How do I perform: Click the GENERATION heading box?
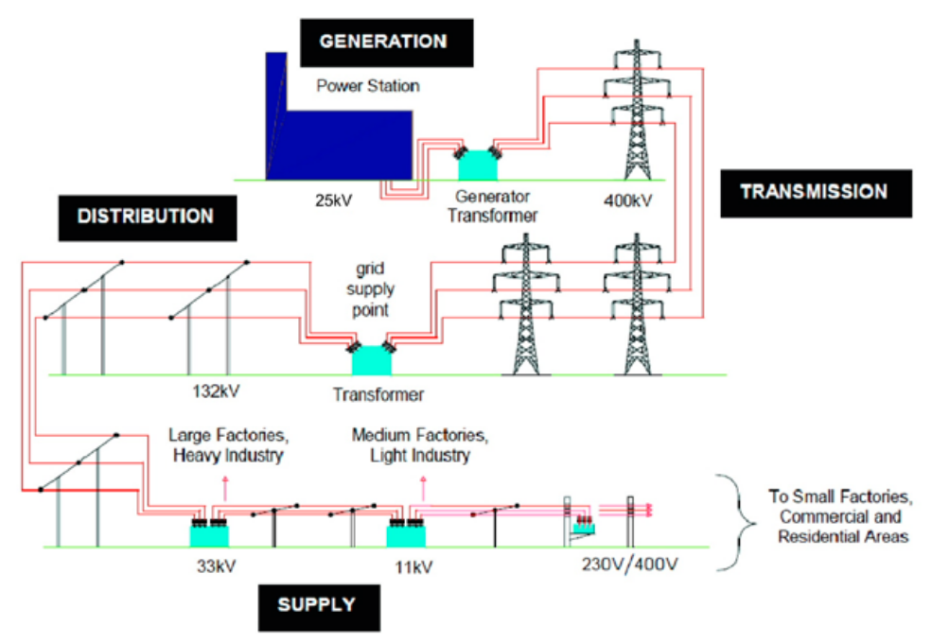(382, 42)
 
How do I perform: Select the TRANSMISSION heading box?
(814, 193)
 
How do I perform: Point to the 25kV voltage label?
(335, 200)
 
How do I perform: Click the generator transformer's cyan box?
(479, 165)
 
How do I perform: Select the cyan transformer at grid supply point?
(371, 359)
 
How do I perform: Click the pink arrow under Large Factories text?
(224, 488)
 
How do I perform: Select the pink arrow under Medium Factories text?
(423, 488)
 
